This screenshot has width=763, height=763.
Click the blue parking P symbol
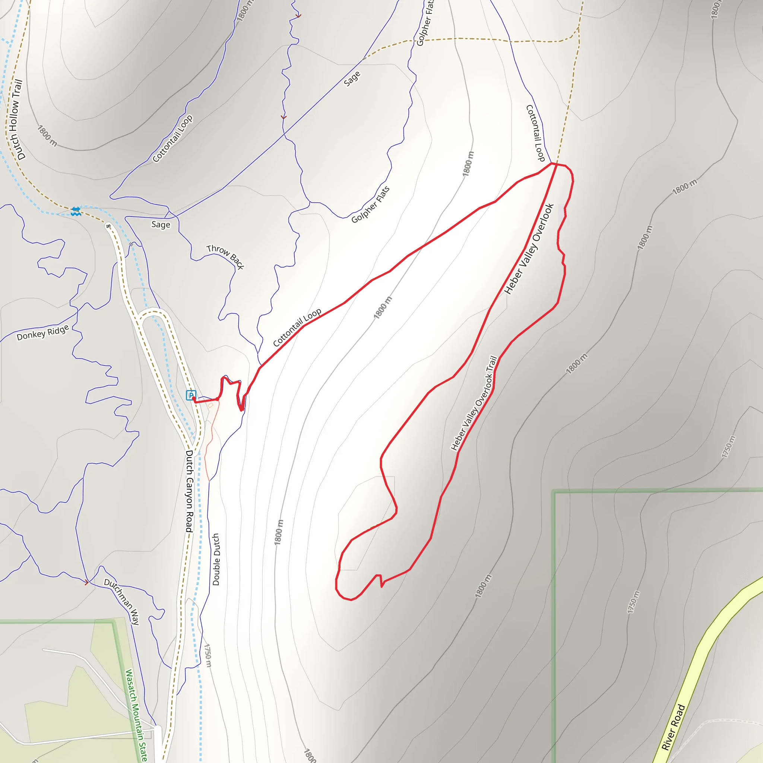[x=191, y=395]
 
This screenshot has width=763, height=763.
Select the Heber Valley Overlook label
[x=529, y=249]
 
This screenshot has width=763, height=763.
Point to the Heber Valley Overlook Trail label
[x=474, y=403]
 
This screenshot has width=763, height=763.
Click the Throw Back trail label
[x=225, y=256]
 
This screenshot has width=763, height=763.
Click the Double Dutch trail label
[x=216, y=559]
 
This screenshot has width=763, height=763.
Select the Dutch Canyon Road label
[x=189, y=491]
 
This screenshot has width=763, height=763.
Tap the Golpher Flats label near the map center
[x=370, y=205]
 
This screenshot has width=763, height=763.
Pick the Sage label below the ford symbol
[x=161, y=225]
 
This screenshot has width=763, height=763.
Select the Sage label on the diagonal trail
[x=352, y=79]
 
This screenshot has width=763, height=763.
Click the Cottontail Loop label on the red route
[x=297, y=327]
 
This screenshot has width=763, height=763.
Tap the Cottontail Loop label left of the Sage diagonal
[x=172, y=138]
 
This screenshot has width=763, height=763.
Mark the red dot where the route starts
[x=217, y=399]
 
